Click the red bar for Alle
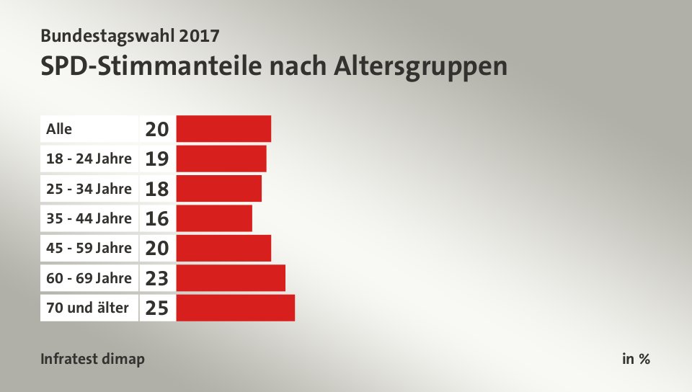point(223,129)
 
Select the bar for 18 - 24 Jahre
point(221,159)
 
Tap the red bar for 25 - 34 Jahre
point(218,189)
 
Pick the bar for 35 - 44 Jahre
point(214,218)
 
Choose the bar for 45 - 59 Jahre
point(223,248)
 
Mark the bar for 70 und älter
point(235,308)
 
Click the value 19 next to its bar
point(157,159)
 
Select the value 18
point(157,189)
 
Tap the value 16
point(157,218)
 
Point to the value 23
point(157,278)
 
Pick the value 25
point(157,308)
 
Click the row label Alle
point(59,129)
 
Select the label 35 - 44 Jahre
point(89,218)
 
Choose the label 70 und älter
point(87,308)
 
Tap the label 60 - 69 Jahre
point(89,278)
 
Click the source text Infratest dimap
point(92,359)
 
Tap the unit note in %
point(636,359)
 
